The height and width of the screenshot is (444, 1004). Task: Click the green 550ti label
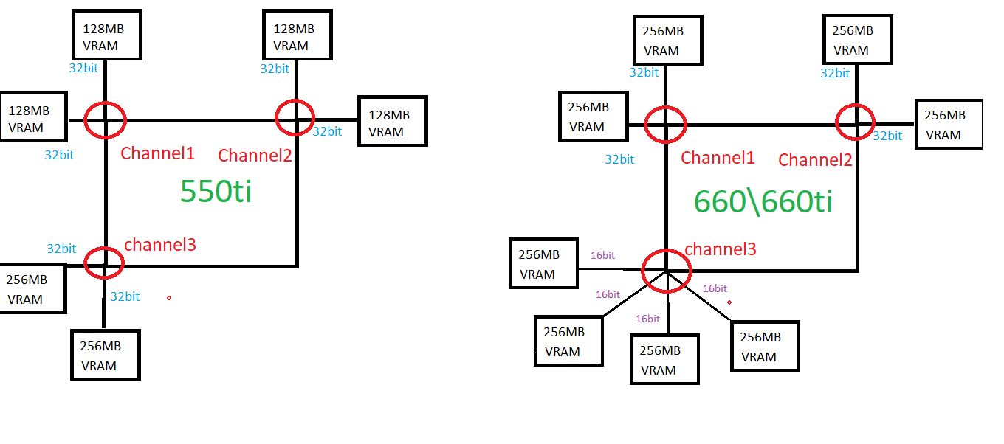216,191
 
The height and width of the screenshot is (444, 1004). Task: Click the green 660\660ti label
763,201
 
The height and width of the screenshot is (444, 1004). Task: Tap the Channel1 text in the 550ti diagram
157,153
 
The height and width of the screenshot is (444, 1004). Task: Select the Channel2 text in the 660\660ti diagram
815,160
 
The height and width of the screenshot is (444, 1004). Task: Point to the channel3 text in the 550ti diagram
160,245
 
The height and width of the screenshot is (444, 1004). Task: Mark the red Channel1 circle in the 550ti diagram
106,119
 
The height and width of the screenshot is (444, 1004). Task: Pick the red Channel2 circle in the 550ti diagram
295,117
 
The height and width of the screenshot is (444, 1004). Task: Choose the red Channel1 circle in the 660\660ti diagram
666,125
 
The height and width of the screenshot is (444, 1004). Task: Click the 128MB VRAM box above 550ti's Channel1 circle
106,35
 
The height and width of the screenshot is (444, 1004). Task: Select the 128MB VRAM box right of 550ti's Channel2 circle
392,122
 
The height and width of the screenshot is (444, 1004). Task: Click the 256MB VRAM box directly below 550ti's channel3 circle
106,355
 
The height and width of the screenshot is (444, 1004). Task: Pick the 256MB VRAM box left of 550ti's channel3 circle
31,288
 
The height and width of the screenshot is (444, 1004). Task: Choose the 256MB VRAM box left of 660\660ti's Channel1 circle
594,117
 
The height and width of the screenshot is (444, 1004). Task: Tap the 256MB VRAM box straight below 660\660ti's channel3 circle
664,359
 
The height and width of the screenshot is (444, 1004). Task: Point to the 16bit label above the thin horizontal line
602,255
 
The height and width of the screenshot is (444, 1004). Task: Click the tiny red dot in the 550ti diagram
169,297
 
